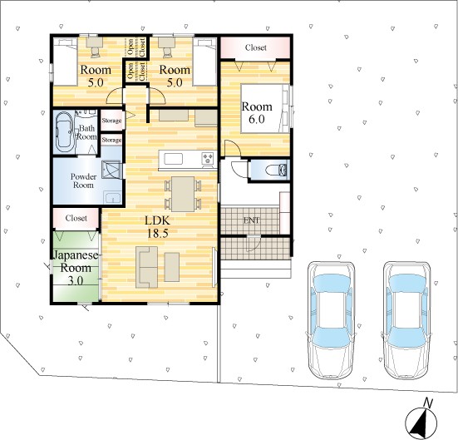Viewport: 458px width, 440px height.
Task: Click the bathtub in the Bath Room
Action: (64, 132)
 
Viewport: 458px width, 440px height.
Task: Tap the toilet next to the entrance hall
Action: (277, 171)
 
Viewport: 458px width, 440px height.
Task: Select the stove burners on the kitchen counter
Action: (208, 159)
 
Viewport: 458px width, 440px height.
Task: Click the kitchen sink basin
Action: (174, 159)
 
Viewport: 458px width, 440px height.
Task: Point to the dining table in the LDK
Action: (183, 194)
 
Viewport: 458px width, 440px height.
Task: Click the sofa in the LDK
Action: (146, 267)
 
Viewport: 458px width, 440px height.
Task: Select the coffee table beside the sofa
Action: (172, 267)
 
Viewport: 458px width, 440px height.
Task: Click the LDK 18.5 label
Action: (157, 227)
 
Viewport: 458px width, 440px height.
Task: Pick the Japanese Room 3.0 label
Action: (76, 268)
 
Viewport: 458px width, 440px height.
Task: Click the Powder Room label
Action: (84, 180)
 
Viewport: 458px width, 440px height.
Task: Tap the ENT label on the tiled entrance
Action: (251, 220)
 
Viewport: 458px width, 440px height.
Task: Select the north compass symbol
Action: (421, 420)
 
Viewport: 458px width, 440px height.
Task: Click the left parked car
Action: (331, 320)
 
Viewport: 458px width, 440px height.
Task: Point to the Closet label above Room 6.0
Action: (256, 47)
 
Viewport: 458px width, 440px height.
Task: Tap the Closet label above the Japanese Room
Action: (76, 218)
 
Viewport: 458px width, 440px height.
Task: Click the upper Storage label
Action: (111, 121)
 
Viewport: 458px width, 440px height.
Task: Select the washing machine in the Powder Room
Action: (111, 170)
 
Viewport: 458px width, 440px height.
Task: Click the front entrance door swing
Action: (254, 244)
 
